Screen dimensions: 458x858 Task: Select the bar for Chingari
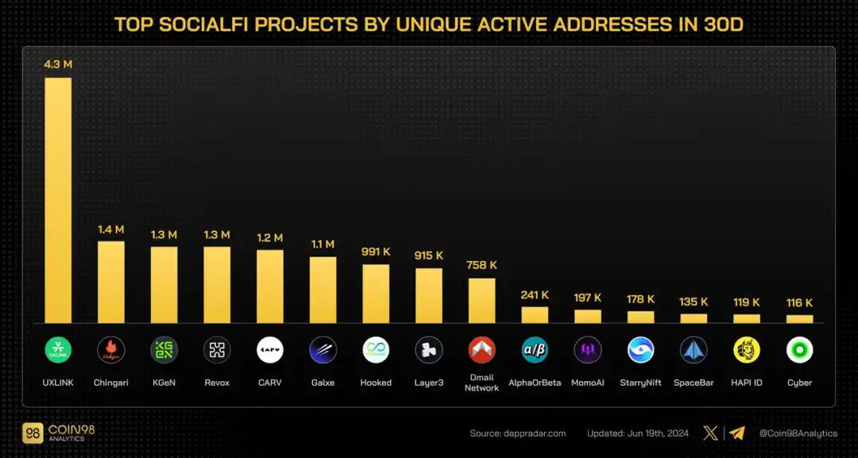tap(111, 282)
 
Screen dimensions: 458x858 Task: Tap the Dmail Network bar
tap(481, 300)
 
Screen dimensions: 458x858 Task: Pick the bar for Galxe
tap(323, 290)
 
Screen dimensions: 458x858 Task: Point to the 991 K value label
tap(376, 252)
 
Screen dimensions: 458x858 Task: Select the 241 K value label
tap(535, 295)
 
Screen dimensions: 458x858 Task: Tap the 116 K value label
tap(799, 302)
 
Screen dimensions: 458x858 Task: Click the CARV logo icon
tap(270, 350)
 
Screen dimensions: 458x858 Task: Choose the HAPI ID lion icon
tap(747, 350)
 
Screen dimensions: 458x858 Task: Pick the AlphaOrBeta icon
tap(535, 350)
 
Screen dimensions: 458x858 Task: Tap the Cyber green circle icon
tap(799, 350)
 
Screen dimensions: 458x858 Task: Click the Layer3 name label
tap(429, 383)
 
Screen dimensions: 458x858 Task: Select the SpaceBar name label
tap(694, 383)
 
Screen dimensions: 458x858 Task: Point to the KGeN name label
tap(164, 383)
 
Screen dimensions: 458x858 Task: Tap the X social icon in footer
tap(711, 433)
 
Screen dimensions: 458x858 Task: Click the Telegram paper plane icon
tap(737, 433)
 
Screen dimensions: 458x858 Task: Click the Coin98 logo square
tap(33, 433)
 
